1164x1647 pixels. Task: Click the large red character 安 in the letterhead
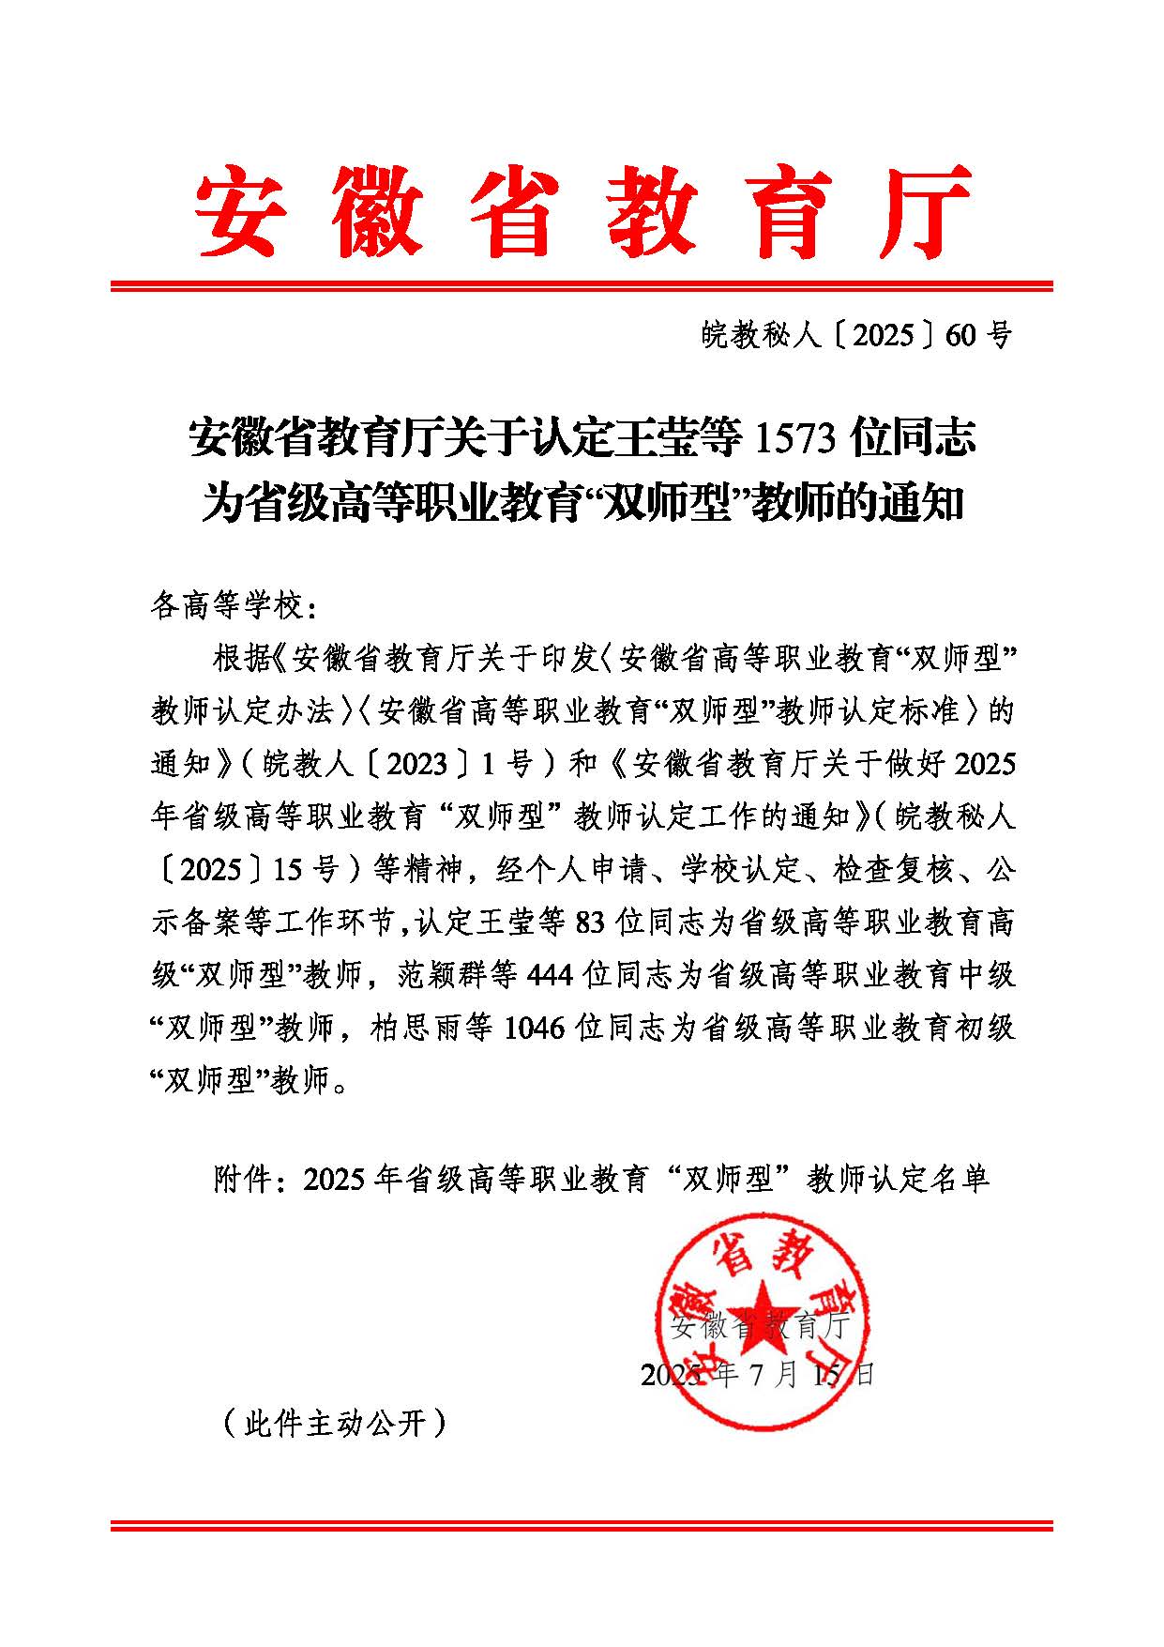pos(235,211)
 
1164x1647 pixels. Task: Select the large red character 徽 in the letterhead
pos(375,211)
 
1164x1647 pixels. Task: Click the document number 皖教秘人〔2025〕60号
pos(856,334)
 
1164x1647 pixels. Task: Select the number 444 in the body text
pos(552,975)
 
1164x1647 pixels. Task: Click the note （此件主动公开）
pos(334,1425)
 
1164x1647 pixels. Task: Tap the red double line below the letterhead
pos(582,285)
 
